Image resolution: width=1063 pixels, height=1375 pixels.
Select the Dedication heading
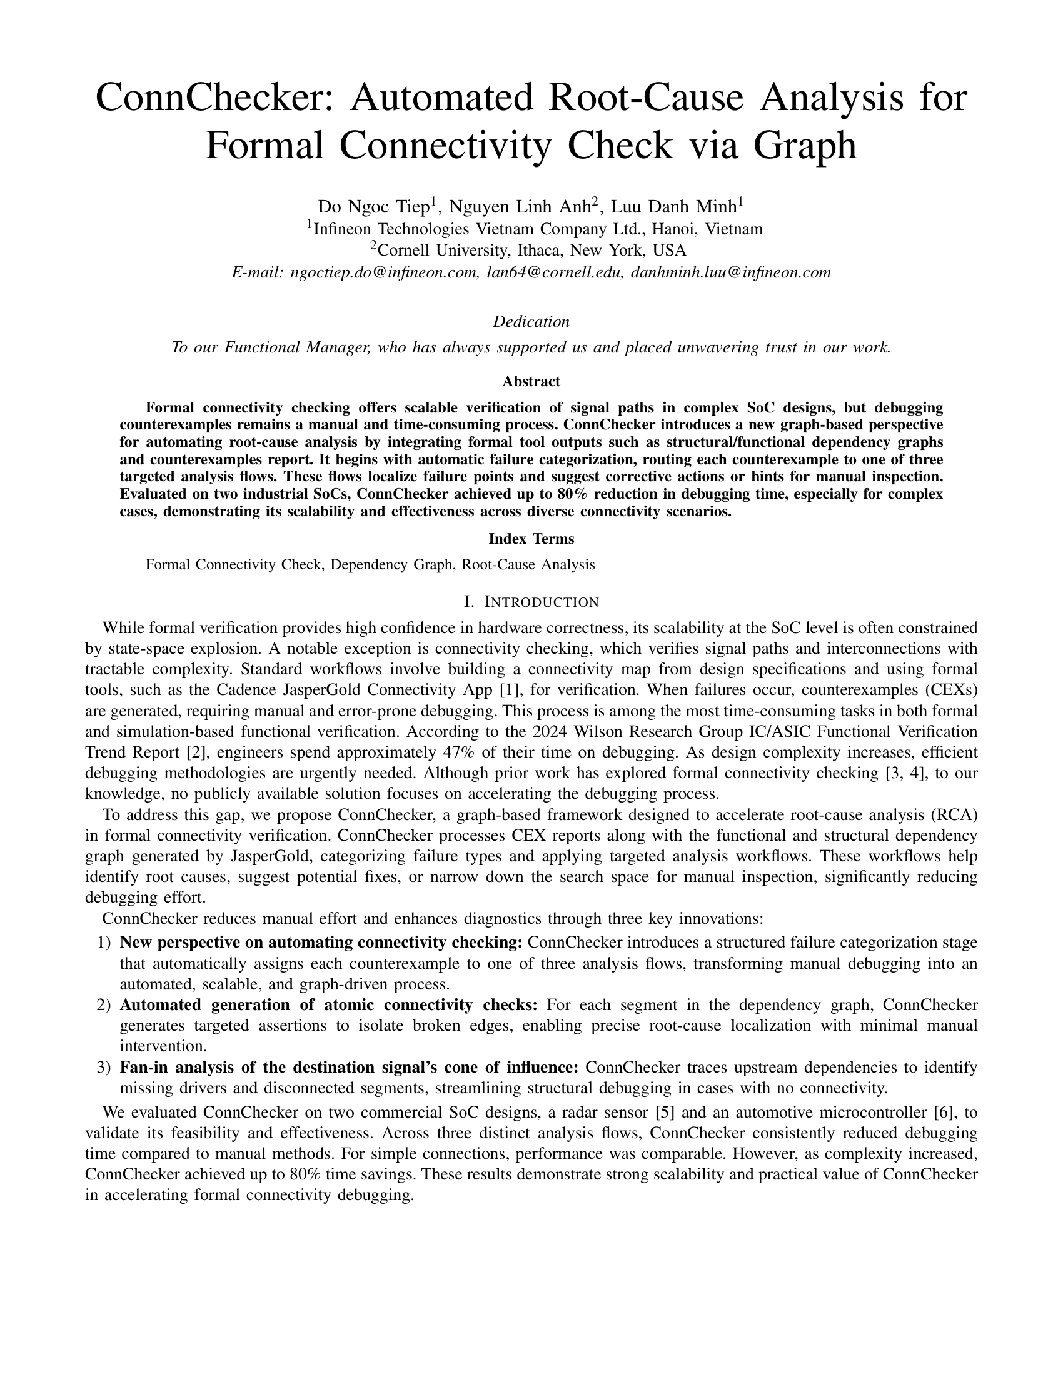(531, 322)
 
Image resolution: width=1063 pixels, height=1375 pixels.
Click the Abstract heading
(531, 381)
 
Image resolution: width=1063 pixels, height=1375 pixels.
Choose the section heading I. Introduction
(531, 602)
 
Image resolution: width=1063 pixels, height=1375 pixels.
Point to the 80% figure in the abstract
(571, 494)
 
